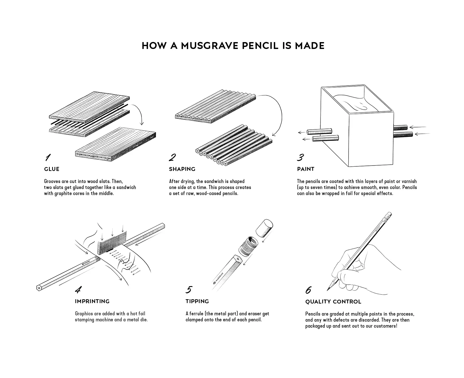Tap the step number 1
(48, 157)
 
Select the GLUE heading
(52, 169)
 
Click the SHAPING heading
(182, 169)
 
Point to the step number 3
(300, 157)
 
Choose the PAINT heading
(306, 169)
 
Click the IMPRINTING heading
(92, 301)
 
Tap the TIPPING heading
(197, 301)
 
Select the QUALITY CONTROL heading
(333, 302)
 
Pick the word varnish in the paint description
(409, 181)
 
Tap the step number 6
(308, 290)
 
